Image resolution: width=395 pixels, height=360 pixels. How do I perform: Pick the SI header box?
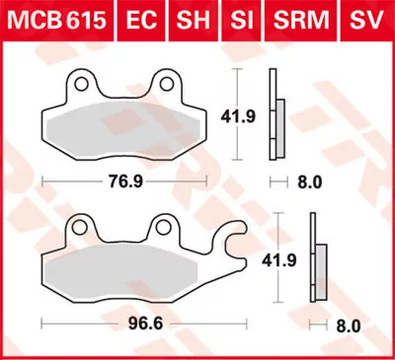pyautogui.click(x=238, y=18)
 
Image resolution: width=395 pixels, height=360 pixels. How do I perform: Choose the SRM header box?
pyautogui.click(x=293, y=18)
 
